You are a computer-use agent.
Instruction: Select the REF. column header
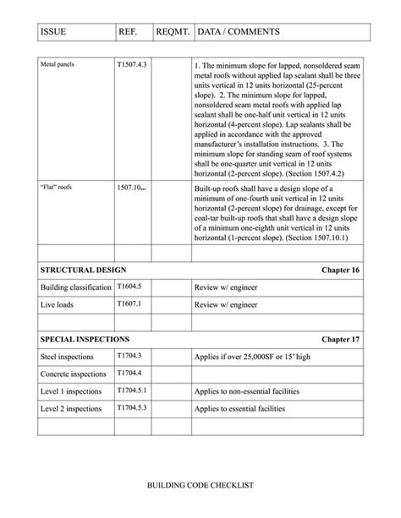[x=129, y=33]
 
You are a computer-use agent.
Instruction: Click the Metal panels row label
[x=58, y=65]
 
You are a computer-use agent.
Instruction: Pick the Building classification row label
[x=76, y=288]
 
